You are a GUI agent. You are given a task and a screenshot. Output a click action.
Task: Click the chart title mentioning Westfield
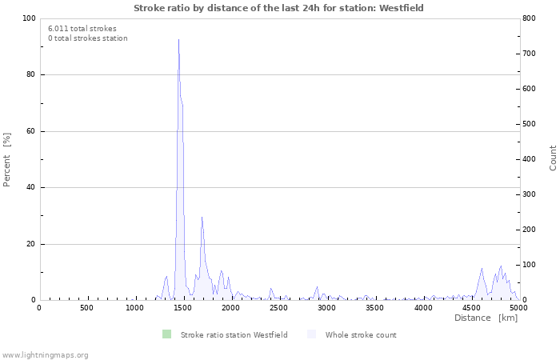coord(278,8)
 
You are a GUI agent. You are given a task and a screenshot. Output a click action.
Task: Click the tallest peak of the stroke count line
coord(178,40)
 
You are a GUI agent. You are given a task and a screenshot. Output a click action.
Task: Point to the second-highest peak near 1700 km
coord(202,217)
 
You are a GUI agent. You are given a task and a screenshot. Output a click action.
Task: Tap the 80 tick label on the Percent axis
coord(30,75)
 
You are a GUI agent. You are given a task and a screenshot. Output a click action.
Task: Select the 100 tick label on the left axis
coord(27,18)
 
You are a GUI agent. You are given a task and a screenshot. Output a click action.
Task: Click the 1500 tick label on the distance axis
coord(182,308)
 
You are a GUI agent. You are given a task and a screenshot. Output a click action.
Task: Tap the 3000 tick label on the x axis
coord(326,308)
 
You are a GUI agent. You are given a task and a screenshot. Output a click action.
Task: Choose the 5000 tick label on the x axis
coord(518,308)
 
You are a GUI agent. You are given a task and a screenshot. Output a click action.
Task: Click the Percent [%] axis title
coord(7,159)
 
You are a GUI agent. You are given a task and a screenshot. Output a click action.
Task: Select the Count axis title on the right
coord(553,158)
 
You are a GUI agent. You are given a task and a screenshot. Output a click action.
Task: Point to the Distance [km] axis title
coord(486,318)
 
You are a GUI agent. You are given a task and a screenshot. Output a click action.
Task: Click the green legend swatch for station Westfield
coord(166,334)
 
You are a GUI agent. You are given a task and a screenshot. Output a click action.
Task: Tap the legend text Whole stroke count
coord(361,334)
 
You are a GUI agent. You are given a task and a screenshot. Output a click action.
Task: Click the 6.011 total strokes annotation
coord(82,28)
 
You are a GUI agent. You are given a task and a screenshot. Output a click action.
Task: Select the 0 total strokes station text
coord(87,38)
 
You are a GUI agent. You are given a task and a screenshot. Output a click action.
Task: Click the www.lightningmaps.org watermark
coord(45,354)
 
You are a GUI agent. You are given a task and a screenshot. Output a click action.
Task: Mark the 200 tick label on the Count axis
coord(530,230)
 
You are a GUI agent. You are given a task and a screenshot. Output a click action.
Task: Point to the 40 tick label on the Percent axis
coord(30,188)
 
